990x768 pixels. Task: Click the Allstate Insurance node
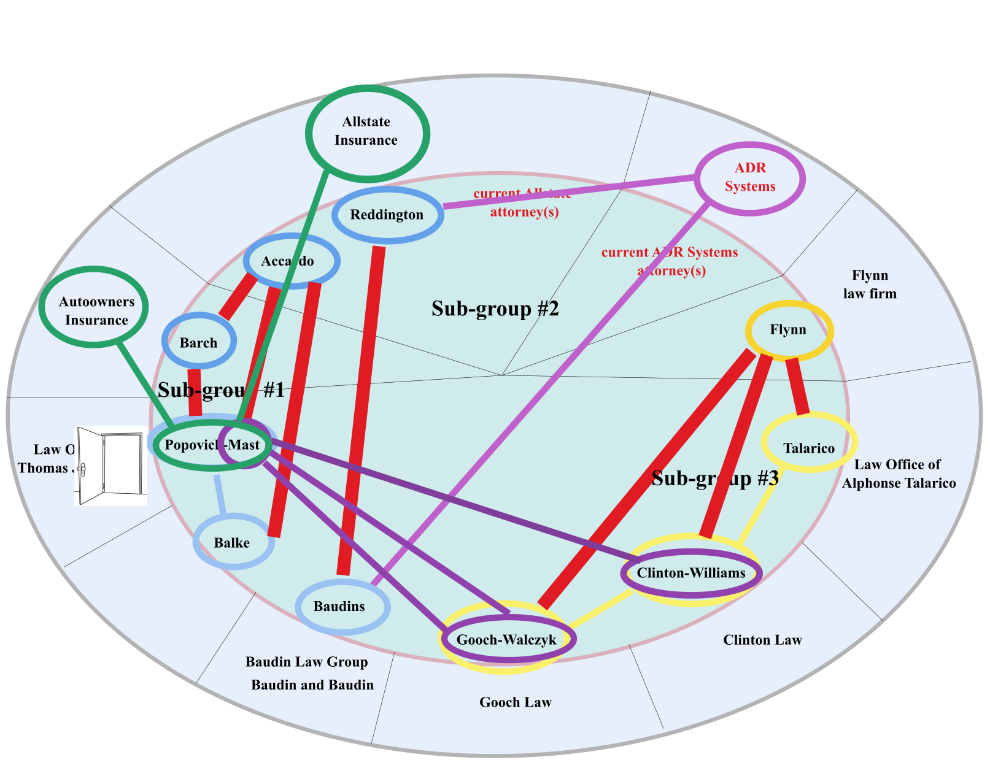point(367,132)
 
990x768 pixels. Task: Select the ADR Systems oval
point(749,178)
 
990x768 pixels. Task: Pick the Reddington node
point(387,215)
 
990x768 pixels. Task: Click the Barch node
point(198,342)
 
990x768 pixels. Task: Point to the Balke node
point(233,542)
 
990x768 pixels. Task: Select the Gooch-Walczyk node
point(507,639)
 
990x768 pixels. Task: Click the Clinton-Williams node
point(691,573)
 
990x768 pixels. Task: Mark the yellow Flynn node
point(789,330)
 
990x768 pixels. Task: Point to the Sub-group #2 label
point(495,309)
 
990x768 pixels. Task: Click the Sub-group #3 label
point(714,478)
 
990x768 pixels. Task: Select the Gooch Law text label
point(515,702)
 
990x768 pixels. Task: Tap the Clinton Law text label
point(762,640)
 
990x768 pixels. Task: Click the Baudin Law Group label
point(307,662)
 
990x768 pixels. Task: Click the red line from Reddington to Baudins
point(361,411)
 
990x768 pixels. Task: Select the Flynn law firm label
point(870,284)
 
